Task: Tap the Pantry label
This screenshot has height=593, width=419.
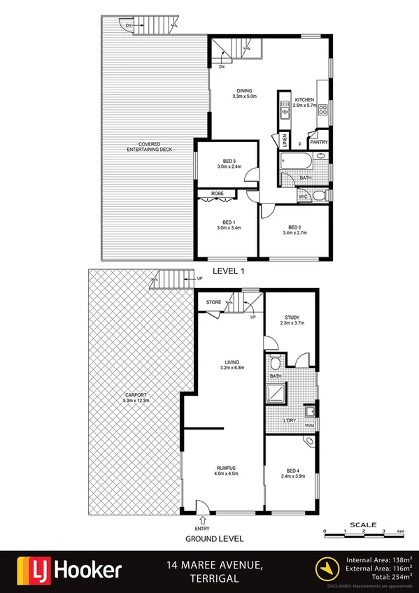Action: click(x=319, y=143)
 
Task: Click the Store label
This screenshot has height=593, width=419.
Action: click(x=213, y=303)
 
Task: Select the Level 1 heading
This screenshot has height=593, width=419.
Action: click(x=228, y=269)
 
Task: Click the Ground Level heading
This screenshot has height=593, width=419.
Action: click(x=214, y=538)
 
